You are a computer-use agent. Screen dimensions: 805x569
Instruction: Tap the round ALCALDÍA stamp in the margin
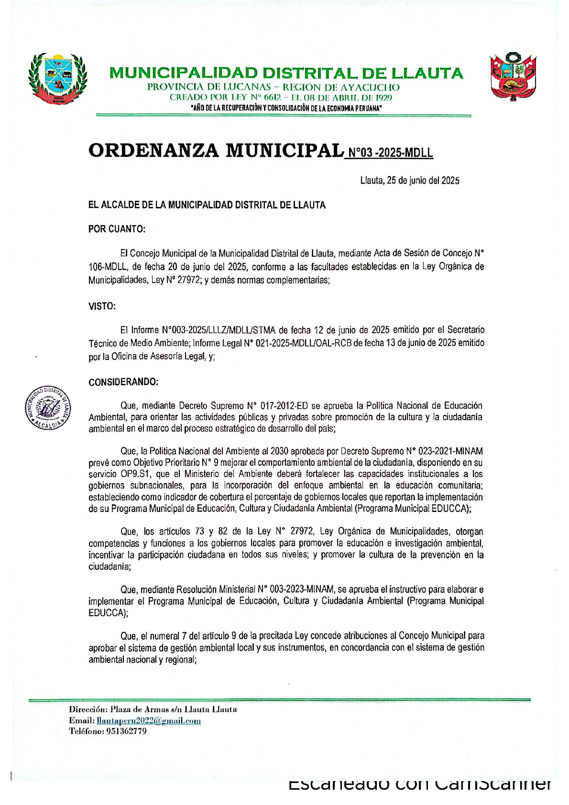tap(48, 407)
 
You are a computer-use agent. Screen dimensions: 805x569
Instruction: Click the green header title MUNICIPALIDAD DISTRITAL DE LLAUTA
tap(286, 73)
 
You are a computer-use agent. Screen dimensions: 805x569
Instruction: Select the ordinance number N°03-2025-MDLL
tap(390, 153)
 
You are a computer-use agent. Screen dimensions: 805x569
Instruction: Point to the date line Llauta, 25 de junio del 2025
tap(409, 181)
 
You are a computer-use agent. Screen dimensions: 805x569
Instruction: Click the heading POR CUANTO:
tap(117, 229)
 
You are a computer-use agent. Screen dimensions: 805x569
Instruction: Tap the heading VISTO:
tap(102, 306)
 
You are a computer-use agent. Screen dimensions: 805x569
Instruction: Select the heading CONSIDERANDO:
tap(123, 382)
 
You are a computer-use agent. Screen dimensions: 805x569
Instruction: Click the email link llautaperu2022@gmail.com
tap(149, 721)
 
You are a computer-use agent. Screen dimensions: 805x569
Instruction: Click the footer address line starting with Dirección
tap(153, 709)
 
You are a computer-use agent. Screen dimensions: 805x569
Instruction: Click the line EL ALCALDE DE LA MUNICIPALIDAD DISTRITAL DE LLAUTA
tap(207, 205)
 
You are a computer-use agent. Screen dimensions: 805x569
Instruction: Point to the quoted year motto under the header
tap(286, 109)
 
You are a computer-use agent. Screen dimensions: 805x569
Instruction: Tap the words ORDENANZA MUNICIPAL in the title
tap(215, 151)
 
